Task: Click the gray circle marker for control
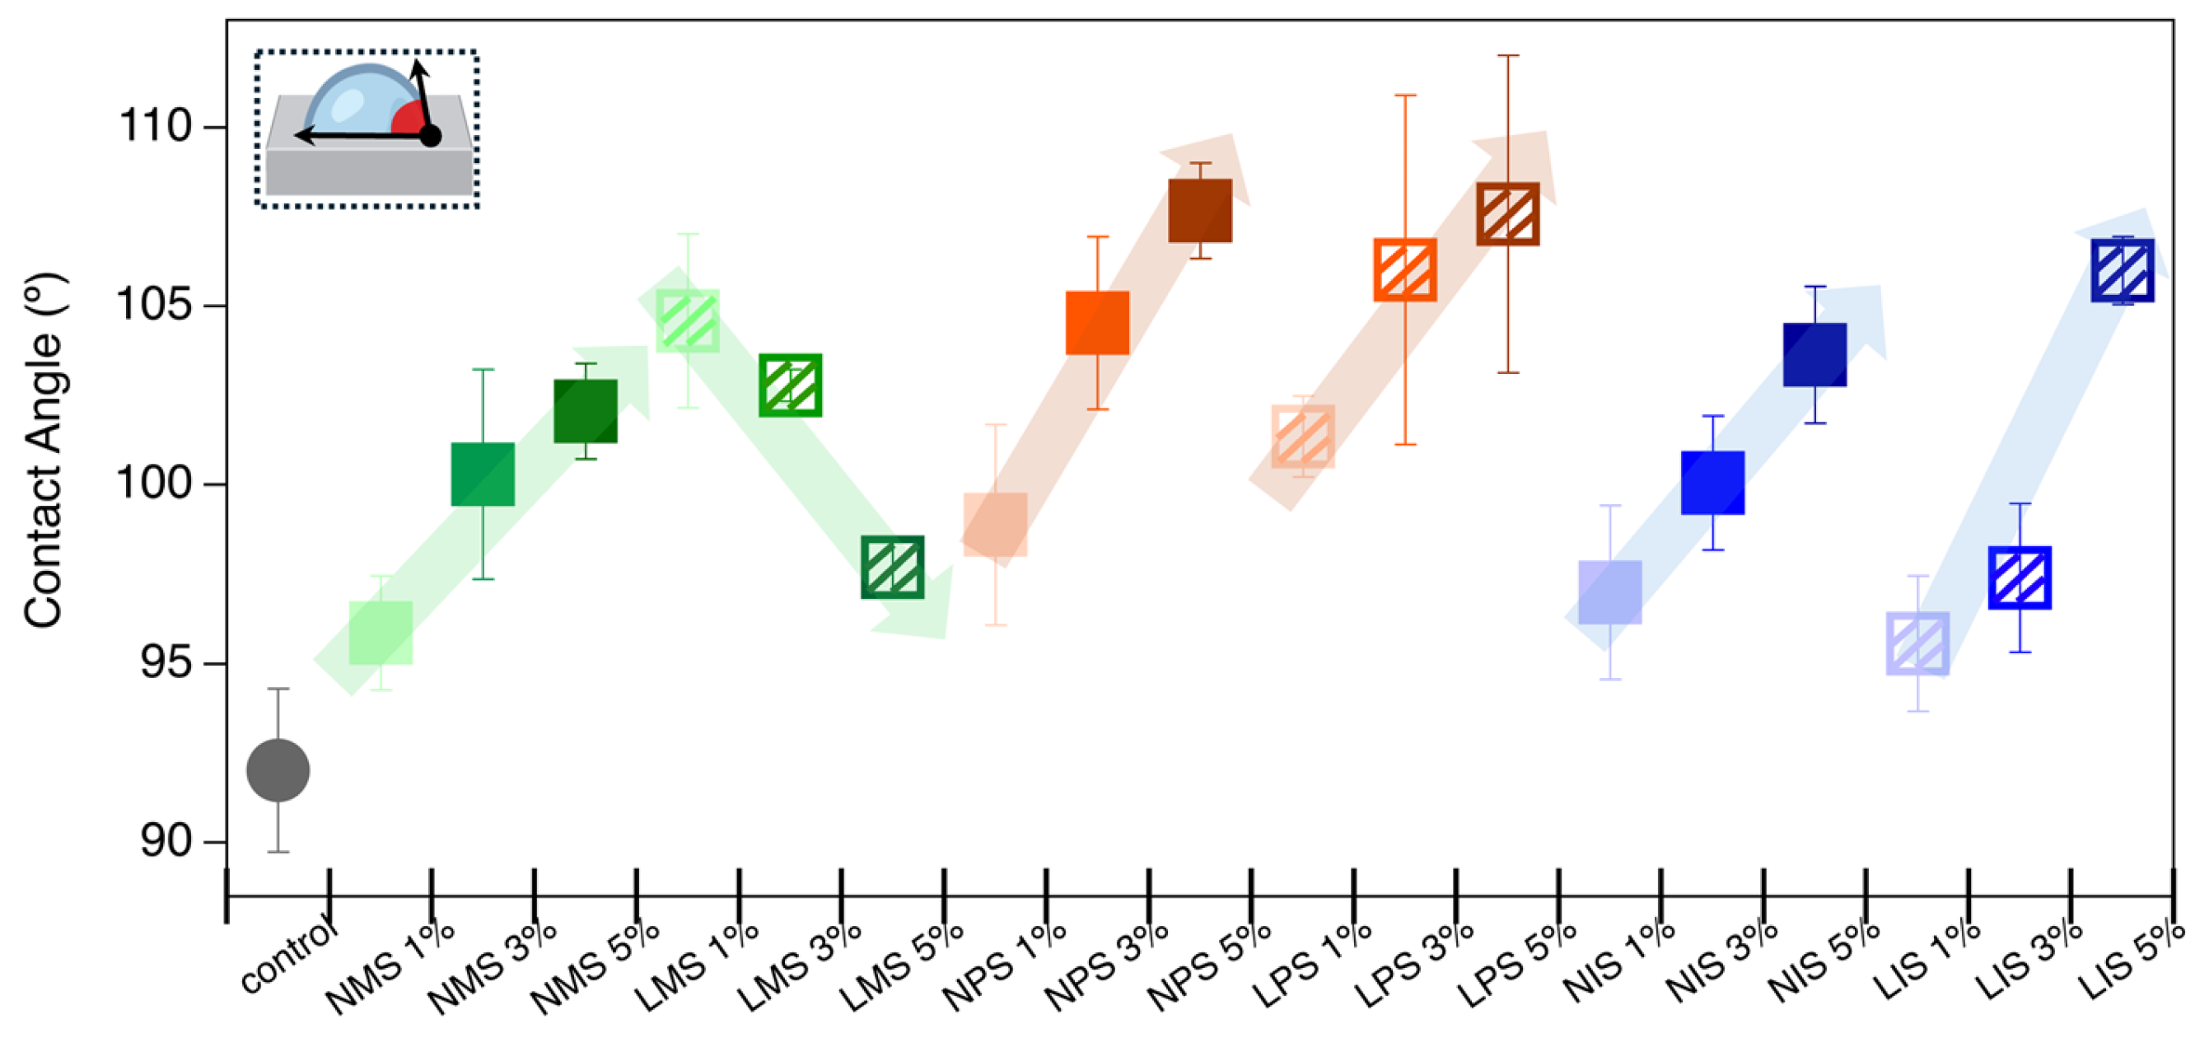(x=278, y=770)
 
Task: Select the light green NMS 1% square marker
(x=381, y=634)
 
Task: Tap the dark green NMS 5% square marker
(x=586, y=411)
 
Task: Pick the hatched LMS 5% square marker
(x=892, y=567)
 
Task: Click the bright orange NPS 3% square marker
(x=1097, y=323)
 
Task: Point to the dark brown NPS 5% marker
(x=1200, y=211)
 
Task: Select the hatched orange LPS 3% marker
(x=1405, y=270)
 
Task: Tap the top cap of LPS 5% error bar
(x=1508, y=55)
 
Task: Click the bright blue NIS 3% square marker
(x=1712, y=483)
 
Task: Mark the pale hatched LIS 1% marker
(x=1917, y=643)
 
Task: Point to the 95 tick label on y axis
(x=166, y=662)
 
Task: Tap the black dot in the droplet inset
(x=430, y=135)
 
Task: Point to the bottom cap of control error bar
(x=278, y=851)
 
